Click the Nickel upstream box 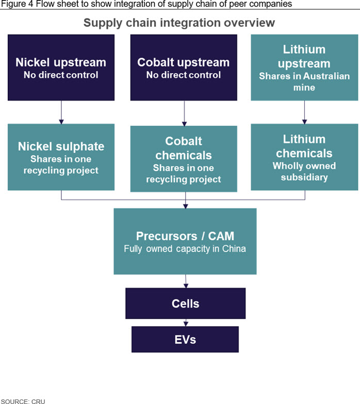coord(61,68)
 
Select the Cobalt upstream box coord(184,68)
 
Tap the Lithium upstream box coord(304,68)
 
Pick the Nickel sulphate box coord(61,157)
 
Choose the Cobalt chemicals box coord(184,159)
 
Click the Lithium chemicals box coord(304,157)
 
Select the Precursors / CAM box coord(185,241)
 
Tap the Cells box coord(186,304)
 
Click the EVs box coord(185,339)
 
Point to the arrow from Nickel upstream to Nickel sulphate coord(61,112)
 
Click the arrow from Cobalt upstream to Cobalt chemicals coord(184,113)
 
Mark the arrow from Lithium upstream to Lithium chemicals coord(304,112)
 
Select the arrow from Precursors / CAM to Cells coord(186,281)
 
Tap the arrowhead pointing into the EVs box coord(186,324)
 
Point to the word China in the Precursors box coord(234,248)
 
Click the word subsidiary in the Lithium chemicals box coord(304,177)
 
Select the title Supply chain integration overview coord(179,23)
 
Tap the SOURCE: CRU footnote coord(23,401)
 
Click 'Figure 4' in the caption coord(18,4)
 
